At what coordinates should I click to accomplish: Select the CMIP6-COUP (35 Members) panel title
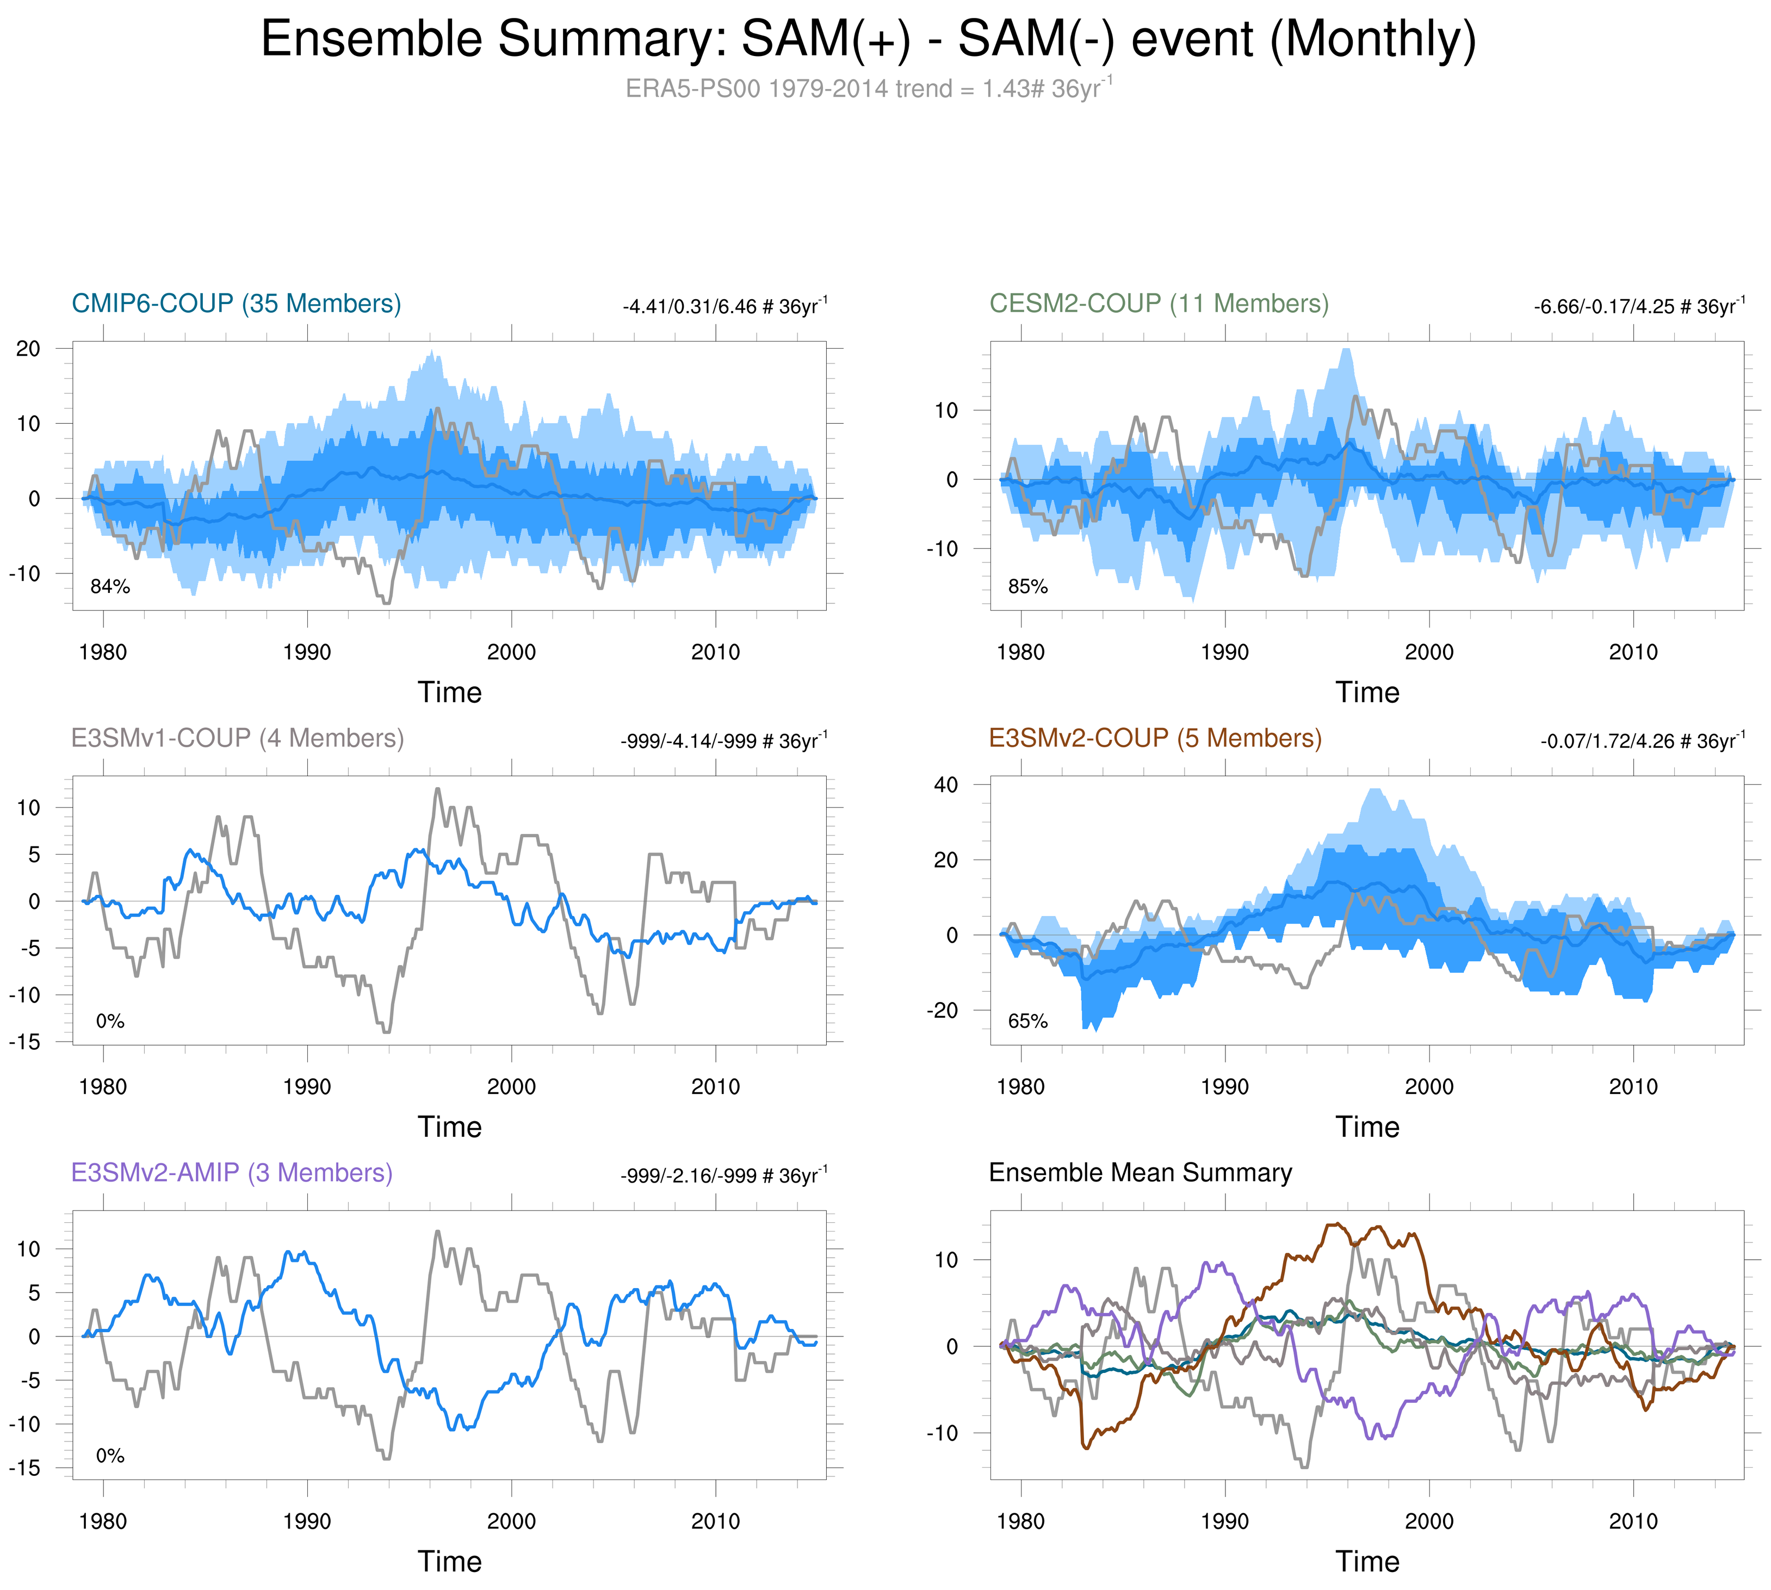tap(236, 304)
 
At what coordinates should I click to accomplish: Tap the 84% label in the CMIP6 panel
tap(110, 587)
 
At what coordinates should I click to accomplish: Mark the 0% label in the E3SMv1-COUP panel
tap(110, 1021)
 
